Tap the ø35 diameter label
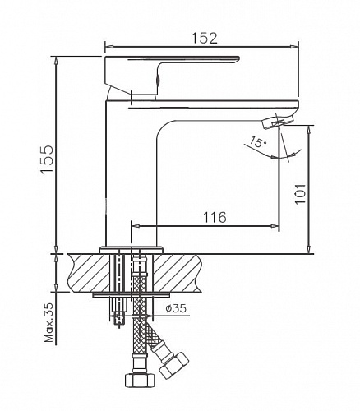click(176, 309)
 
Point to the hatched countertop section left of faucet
click(86, 271)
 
